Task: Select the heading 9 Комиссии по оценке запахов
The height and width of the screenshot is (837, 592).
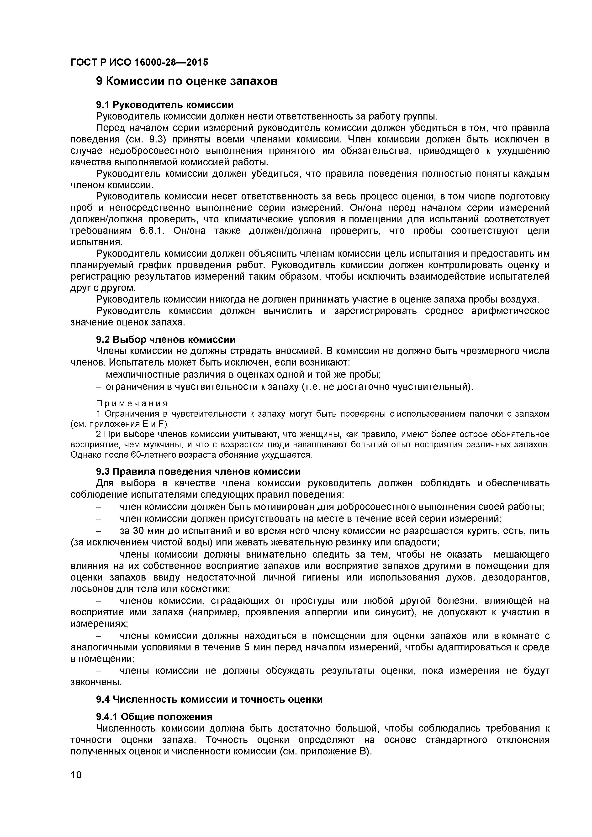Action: [x=186, y=81]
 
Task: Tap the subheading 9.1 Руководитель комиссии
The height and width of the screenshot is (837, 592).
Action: [x=164, y=105]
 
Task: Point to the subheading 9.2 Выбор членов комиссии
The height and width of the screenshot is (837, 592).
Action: [x=166, y=340]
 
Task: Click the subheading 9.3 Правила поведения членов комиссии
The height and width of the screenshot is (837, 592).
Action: [x=198, y=472]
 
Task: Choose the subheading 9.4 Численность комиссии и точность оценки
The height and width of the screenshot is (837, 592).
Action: [x=209, y=700]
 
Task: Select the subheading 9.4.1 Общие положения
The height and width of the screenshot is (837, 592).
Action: [x=154, y=717]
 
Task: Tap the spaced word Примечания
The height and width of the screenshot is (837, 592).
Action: [x=132, y=403]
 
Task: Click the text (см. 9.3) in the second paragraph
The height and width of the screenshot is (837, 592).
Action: [x=145, y=140]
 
